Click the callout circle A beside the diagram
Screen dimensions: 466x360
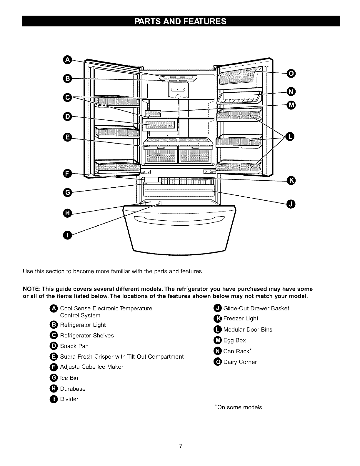coord(67,60)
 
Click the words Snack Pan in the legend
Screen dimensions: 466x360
coord(74,346)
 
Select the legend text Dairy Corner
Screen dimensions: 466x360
coord(240,362)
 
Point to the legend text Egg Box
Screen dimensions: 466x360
coord(234,340)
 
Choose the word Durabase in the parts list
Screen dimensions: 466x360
coord(73,389)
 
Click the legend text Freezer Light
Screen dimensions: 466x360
coord(241,319)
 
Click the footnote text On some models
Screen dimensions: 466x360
coord(239,407)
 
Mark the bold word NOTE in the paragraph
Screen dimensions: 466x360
coord(30,289)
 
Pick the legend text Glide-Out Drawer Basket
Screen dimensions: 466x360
coord(256,308)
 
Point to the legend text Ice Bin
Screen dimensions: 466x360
coord(69,378)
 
